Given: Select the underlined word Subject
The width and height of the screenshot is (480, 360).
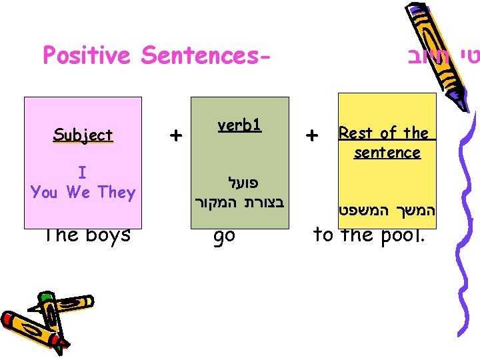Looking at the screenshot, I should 83,135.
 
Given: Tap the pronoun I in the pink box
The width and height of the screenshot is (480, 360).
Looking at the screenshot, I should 82,173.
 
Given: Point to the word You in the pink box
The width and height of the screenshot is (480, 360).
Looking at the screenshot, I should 44,193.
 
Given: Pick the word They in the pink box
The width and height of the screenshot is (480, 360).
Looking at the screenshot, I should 116,193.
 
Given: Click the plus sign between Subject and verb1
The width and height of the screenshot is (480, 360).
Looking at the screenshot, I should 175,135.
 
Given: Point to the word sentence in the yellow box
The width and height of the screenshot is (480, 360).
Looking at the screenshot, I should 387,153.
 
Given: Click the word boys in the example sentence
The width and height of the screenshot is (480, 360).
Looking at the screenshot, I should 106,234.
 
